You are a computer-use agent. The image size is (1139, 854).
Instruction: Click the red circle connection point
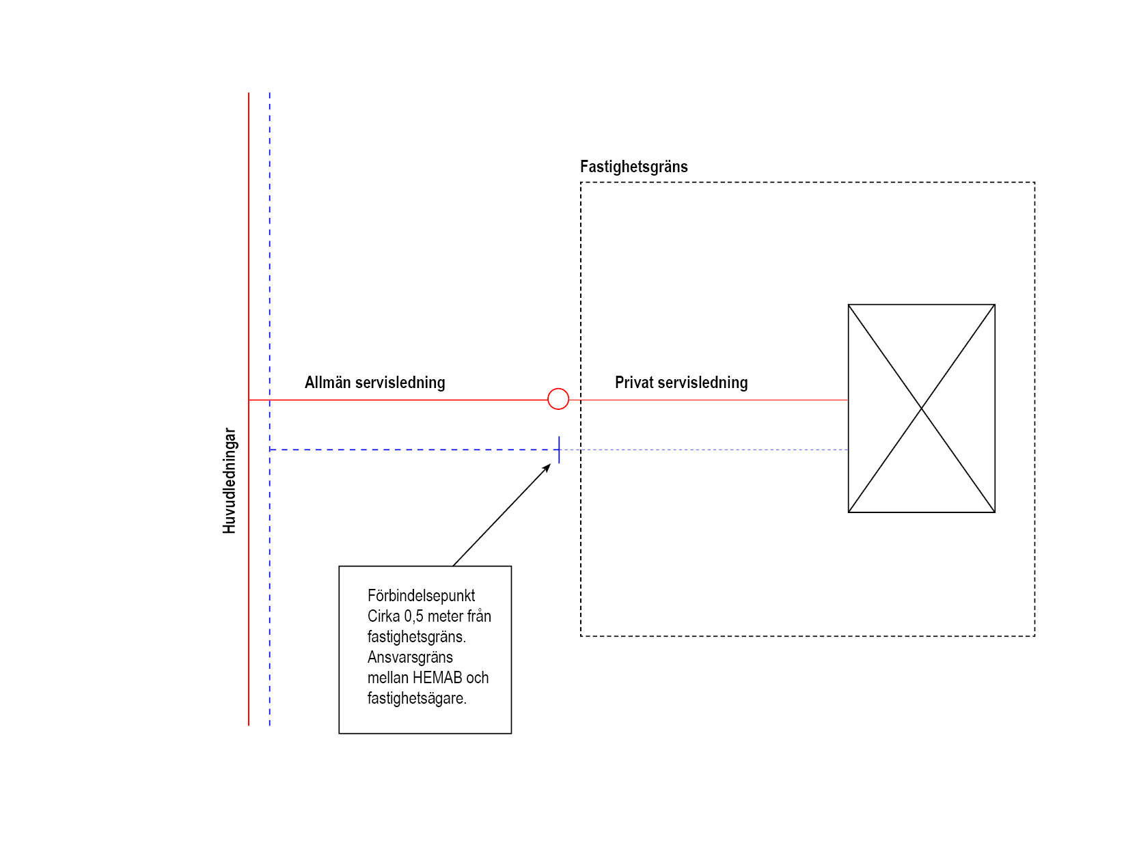point(558,399)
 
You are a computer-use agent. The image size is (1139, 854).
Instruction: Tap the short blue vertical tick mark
point(559,450)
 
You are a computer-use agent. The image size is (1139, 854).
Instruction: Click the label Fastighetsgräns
point(633,167)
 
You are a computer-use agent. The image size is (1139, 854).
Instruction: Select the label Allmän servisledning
point(374,383)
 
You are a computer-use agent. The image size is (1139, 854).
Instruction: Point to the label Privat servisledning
point(681,383)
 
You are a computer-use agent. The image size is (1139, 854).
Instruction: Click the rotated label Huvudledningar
point(230,481)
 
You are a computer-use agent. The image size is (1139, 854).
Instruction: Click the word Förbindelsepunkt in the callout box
point(421,596)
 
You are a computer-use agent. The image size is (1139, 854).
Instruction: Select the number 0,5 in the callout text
point(414,616)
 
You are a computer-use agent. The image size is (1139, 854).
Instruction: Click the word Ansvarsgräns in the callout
point(410,657)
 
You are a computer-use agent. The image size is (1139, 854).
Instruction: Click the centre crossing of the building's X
point(921,409)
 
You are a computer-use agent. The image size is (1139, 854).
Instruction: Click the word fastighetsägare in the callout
point(416,698)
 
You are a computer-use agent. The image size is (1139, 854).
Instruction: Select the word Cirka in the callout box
point(383,616)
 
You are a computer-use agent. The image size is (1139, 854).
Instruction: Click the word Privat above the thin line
point(635,383)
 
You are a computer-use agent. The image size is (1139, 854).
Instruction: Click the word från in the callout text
point(479,616)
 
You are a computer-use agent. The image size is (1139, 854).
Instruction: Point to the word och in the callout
point(478,678)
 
